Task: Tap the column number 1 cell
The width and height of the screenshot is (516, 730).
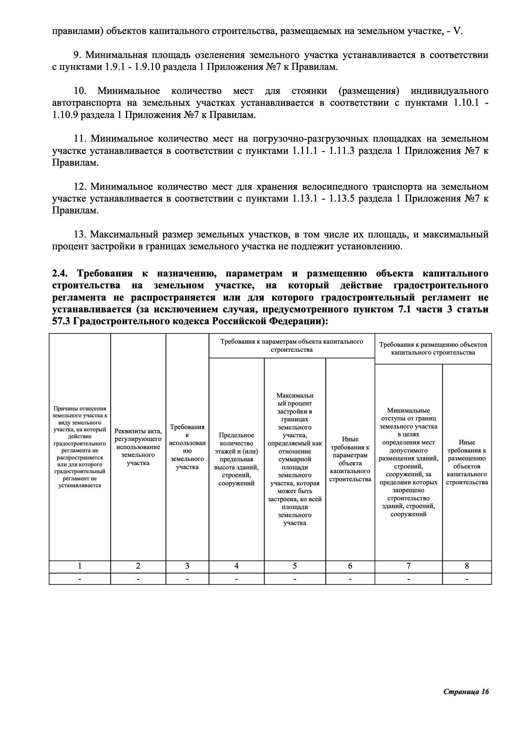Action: (80, 566)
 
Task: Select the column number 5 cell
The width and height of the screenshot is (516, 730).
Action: (295, 566)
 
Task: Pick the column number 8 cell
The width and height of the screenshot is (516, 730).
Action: (467, 566)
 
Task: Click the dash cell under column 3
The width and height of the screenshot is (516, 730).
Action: (187, 579)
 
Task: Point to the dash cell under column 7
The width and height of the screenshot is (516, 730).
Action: (408, 579)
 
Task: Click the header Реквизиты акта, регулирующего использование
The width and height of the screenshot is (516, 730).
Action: (138, 447)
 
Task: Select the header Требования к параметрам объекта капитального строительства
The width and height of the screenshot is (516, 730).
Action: (292, 345)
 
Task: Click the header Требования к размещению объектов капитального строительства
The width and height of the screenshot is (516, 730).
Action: (433, 349)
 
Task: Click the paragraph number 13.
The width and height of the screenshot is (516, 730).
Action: (81, 235)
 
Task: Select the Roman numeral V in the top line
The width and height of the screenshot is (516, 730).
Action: (457, 31)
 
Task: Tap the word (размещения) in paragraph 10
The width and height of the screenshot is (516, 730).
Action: (369, 91)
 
